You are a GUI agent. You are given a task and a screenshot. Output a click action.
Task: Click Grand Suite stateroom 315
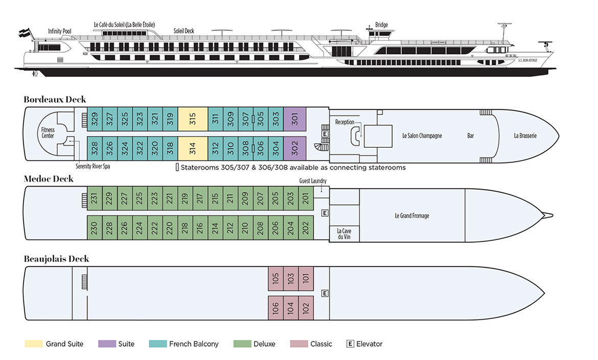(193, 119)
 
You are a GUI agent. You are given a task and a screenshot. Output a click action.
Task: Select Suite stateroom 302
(295, 148)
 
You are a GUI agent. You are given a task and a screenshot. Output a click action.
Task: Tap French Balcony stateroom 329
(95, 119)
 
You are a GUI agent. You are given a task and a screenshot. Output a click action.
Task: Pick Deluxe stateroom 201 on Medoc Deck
(306, 198)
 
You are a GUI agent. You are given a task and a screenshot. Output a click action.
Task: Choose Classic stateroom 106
(275, 308)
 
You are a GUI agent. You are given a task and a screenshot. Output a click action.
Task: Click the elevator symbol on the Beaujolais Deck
(325, 293)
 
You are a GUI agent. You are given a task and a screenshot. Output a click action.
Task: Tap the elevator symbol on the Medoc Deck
(325, 213)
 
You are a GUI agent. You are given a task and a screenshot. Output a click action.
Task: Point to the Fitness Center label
(48, 133)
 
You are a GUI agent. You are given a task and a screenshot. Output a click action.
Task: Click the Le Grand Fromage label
(412, 216)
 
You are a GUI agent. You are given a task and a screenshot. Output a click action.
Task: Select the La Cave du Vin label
(344, 234)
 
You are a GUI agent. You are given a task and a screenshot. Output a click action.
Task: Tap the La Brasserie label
(525, 136)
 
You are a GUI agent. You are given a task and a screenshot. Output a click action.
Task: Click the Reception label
(344, 122)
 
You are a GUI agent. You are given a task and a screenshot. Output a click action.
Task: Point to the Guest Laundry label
(313, 181)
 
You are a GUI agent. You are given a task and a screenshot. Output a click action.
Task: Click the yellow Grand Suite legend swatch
(34, 344)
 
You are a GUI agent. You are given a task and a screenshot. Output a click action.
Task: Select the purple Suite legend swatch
(107, 344)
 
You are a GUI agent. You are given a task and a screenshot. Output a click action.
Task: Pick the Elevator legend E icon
(350, 344)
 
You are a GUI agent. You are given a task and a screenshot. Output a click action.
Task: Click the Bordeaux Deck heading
(55, 100)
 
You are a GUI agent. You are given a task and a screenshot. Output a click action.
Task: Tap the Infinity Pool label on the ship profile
(59, 31)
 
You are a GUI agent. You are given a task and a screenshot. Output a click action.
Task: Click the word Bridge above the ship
(381, 25)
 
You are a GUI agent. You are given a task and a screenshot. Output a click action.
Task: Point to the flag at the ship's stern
(24, 33)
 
